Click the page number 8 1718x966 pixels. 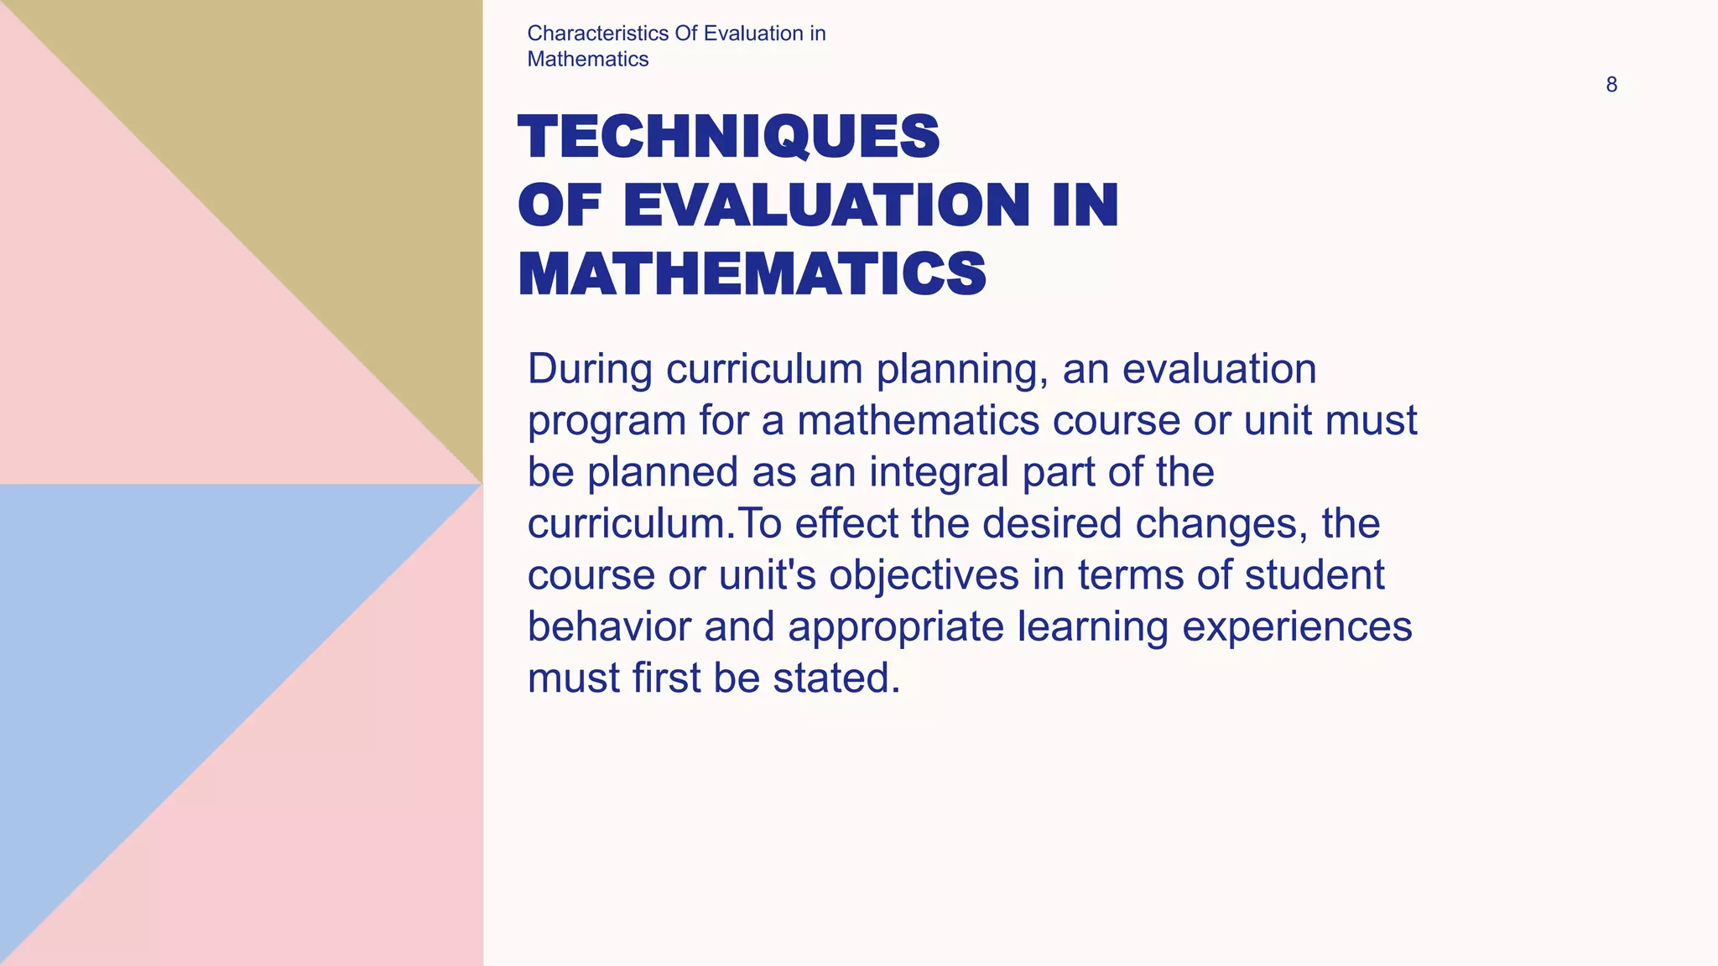click(1611, 85)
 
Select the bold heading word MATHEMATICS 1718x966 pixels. click(752, 274)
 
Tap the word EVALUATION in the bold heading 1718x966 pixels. click(825, 205)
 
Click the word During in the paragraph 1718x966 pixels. click(590, 369)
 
